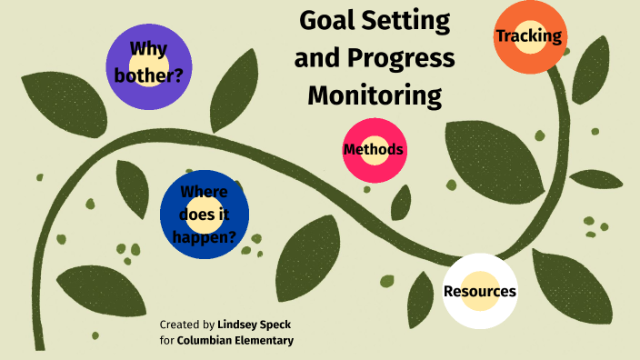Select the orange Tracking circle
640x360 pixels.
click(529, 38)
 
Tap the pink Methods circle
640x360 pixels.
click(374, 150)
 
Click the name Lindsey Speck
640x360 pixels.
click(255, 324)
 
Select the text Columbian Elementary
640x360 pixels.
click(235, 340)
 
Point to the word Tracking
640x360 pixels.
click(529, 36)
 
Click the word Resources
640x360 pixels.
click(480, 292)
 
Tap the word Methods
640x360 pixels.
click(374, 150)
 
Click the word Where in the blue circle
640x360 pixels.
click(204, 192)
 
